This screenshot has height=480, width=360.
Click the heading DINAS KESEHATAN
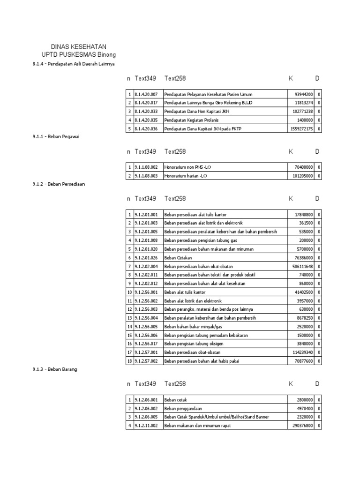coord(78,47)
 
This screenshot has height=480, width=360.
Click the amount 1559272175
coord(301,129)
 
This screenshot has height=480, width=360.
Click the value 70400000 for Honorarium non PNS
coord(304,167)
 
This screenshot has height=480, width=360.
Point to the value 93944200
coord(304,94)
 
